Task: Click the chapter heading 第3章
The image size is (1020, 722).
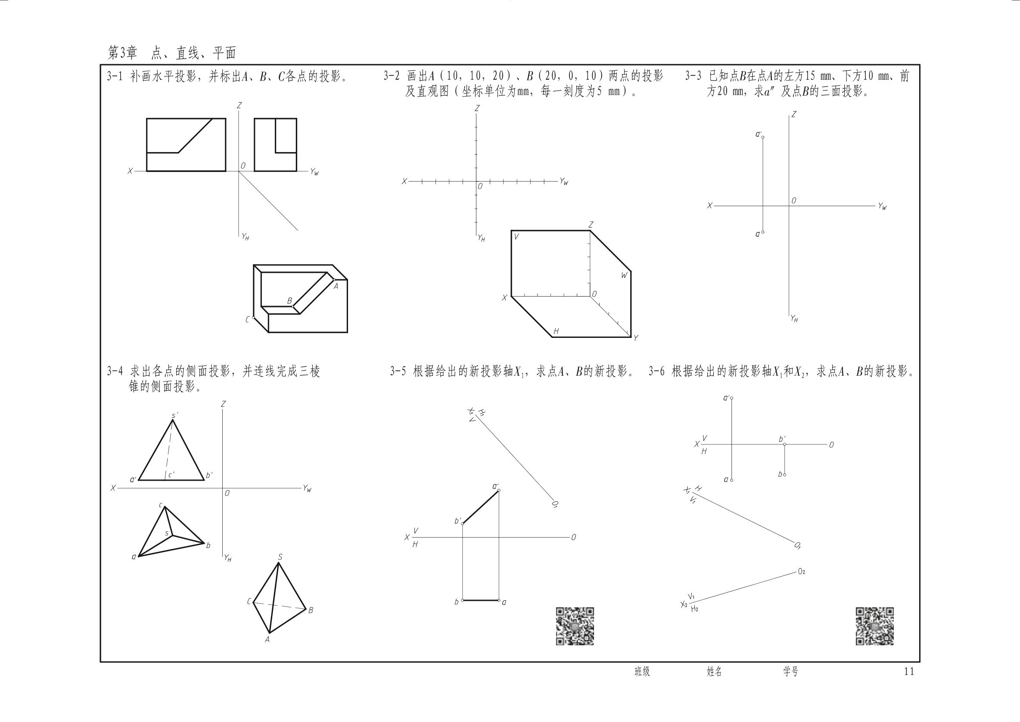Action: pos(123,53)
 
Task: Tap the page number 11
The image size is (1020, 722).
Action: pos(909,671)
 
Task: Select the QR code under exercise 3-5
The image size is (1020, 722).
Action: pos(575,626)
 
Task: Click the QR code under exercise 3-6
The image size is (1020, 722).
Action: pos(875,626)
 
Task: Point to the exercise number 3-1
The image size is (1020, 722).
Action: pos(115,76)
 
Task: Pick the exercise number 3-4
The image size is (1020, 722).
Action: pos(115,372)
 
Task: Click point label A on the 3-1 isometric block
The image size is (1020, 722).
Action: pos(336,286)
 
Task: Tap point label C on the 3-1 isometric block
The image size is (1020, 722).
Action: pos(247,319)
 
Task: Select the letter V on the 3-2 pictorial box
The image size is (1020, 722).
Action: pos(516,237)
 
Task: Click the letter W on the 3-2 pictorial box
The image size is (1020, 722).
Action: pos(624,275)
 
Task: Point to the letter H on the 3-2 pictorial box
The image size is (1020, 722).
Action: pos(556,331)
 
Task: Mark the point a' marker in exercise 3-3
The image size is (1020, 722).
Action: pos(763,138)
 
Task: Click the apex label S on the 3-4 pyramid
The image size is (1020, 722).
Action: pos(280,557)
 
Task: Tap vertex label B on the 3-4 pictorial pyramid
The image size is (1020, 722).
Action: pos(311,610)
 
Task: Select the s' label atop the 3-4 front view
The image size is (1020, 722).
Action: pos(175,415)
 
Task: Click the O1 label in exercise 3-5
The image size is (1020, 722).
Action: pos(555,504)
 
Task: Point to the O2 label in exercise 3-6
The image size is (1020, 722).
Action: pos(802,572)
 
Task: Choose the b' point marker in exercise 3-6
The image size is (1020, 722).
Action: pos(784,444)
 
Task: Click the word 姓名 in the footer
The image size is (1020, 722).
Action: pos(714,672)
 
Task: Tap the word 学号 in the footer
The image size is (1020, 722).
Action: pos(790,672)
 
